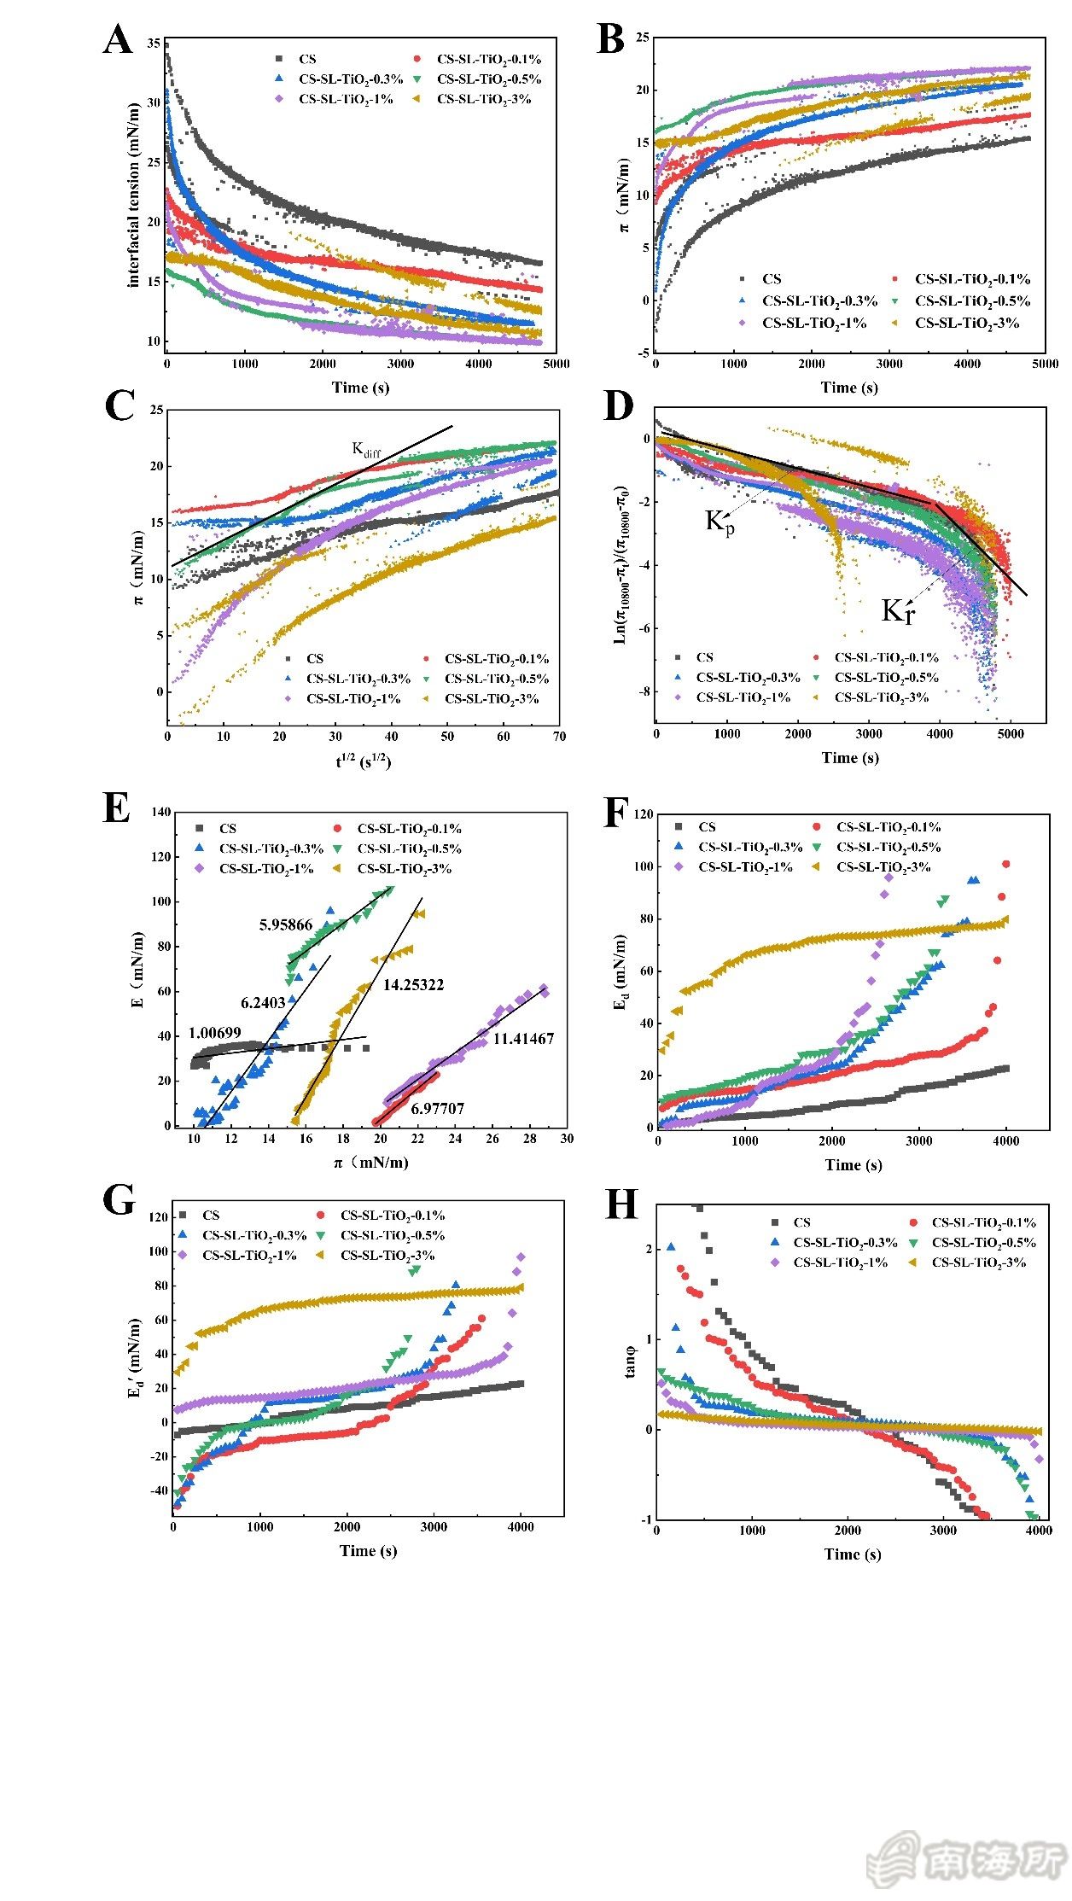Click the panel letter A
coord(118,39)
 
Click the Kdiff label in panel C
coord(367,449)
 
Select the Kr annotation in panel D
coord(897,611)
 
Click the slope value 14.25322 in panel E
coord(413,985)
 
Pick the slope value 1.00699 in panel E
coord(215,1033)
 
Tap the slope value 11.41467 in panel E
coord(523,1039)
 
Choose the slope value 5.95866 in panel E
coord(286,924)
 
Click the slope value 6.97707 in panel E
coord(437,1109)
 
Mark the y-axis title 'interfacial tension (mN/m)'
coord(134,195)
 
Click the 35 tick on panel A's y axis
coord(153,43)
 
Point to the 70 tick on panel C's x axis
coord(559,737)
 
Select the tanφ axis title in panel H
coord(630,1362)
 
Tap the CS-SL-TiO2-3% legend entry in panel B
coord(967,323)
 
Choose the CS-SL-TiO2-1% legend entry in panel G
coord(249,1255)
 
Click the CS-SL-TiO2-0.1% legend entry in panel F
coord(888,826)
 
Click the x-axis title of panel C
coord(363,760)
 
